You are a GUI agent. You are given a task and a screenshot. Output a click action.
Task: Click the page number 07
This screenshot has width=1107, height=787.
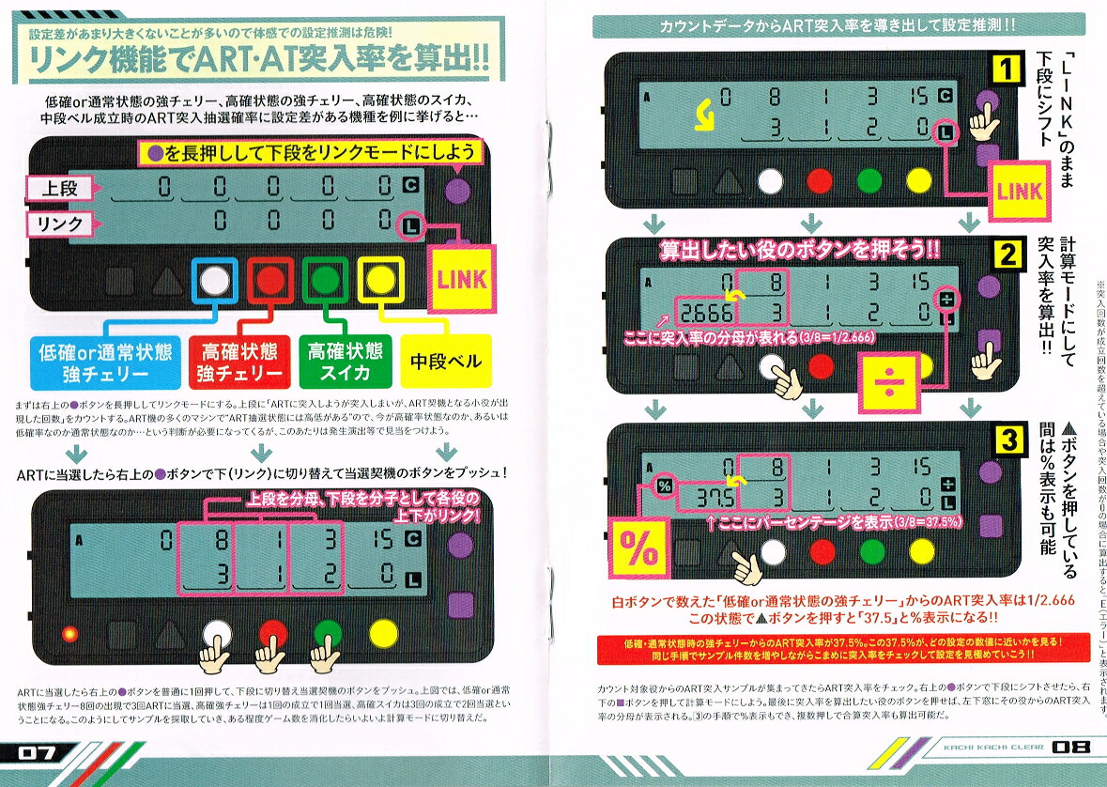click(36, 751)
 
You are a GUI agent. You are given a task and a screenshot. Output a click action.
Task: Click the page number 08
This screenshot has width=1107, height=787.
click(1069, 748)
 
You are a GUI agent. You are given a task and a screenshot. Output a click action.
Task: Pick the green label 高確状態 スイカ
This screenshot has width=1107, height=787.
click(345, 362)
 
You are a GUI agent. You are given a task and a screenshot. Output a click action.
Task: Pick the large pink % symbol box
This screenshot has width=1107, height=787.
click(638, 552)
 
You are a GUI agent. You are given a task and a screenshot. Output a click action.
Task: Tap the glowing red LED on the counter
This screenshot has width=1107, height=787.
click(68, 632)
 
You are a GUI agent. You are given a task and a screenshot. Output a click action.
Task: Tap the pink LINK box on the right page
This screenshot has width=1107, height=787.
click(1019, 191)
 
